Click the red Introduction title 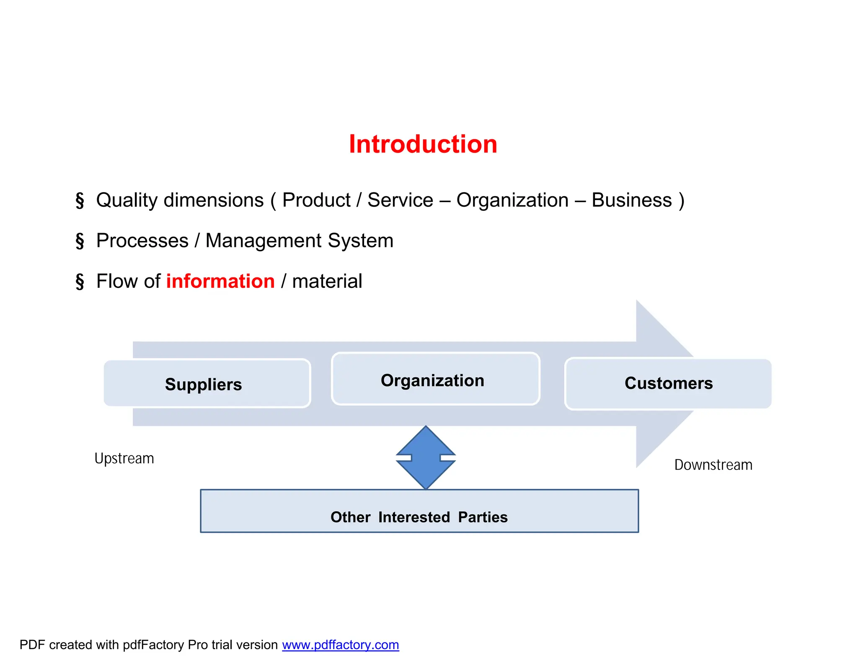pyautogui.click(x=423, y=144)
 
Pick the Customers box pyautogui.click(x=668, y=383)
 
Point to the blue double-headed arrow pyautogui.click(x=426, y=457)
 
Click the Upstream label pyautogui.click(x=124, y=459)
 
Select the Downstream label pyautogui.click(x=713, y=465)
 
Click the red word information pyautogui.click(x=220, y=281)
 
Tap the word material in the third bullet pyautogui.click(x=327, y=281)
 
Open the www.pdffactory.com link pyautogui.click(x=340, y=645)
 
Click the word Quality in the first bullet pyautogui.click(x=127, y=200)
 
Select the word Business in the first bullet pyautogui.click(x=631, y=200)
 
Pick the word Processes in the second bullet pyautogui.click(x=142, y=241)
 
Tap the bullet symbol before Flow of pyautogui.click(x=80, y=281)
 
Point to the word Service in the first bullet pyautogui.click(x=400, y=200)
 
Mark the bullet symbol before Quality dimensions pyautogui.click(x=80, y=200)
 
